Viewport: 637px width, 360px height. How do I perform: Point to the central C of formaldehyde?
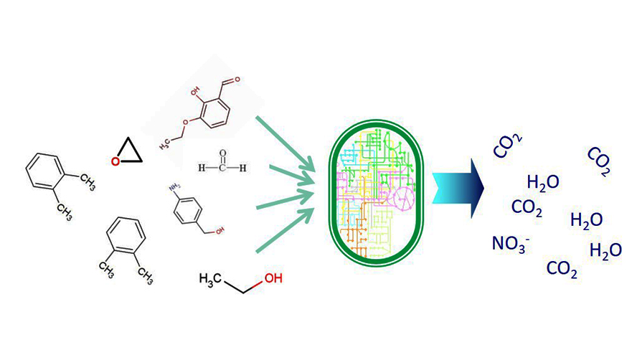(x=222, y=168)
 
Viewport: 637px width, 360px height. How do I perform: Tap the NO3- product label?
(x=510, y=245)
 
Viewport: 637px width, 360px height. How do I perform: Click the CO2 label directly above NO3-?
(x=527, y=209)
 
